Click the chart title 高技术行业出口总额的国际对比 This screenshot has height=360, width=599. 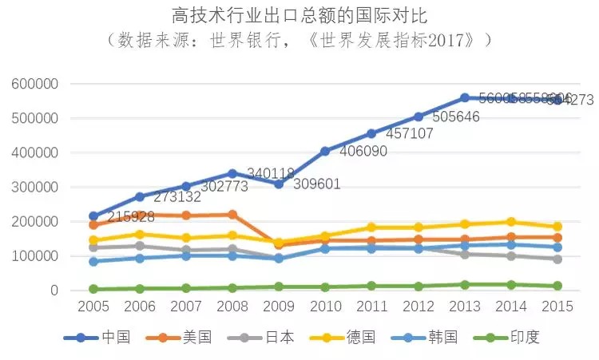tap(299, 14)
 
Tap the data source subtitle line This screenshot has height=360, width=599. tap(299, 39)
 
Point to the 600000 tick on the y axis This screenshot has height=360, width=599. tap(34, 85)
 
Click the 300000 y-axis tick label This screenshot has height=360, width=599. tap(34, 188)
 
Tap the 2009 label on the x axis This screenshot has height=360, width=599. tap(278, 307)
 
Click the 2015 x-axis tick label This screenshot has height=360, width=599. tap(557, 307)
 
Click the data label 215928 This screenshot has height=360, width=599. tap(136, 216)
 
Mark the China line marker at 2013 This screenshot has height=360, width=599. tap(464, 98)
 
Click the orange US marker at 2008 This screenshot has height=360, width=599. tap(232, 215)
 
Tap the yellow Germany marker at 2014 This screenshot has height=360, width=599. tap(510, 222)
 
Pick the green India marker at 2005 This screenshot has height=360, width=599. tap(93, 289)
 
